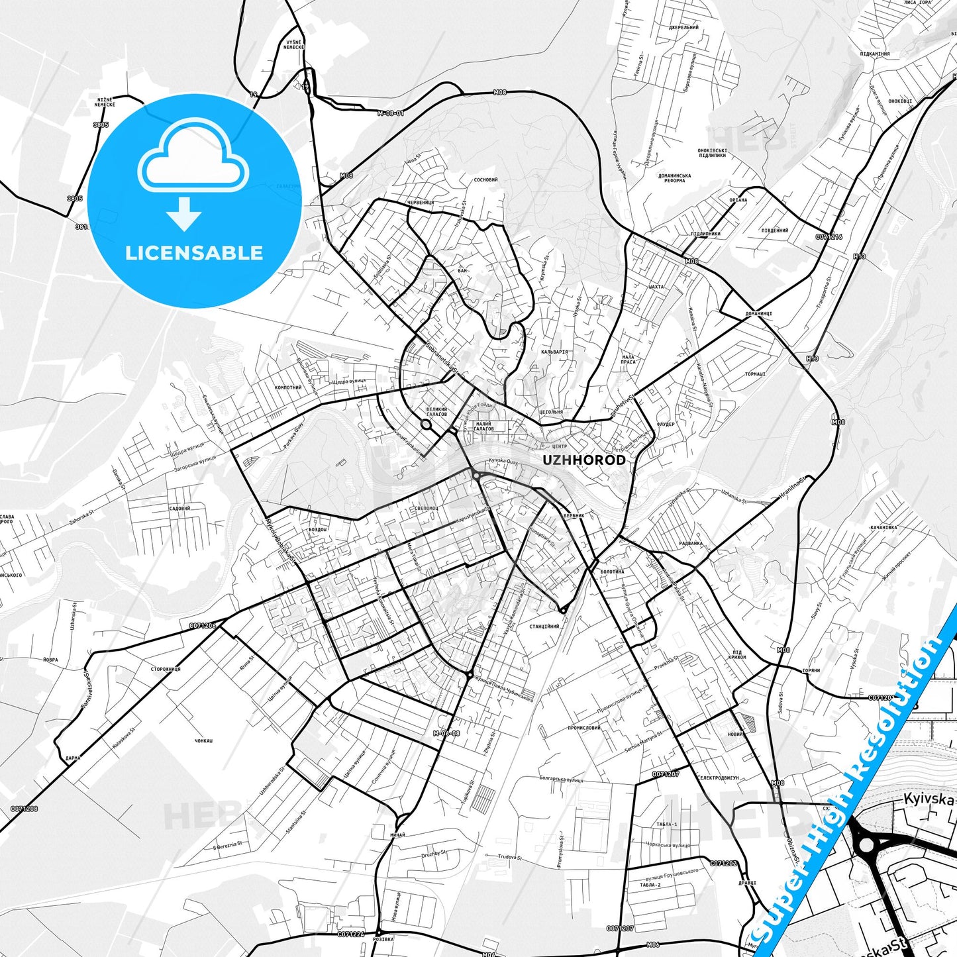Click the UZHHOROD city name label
click(583, 460)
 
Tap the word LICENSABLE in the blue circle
click(194, 252)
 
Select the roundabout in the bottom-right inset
click(866, 844)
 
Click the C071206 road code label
click(203, 625)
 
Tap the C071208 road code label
click(25, 809)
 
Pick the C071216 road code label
click(829, 236)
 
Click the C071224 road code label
click(351, 934)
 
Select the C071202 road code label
click(723, 864)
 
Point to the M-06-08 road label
click(446, 733)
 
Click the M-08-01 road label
click(391, 113)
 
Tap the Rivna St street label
click(246, 663)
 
